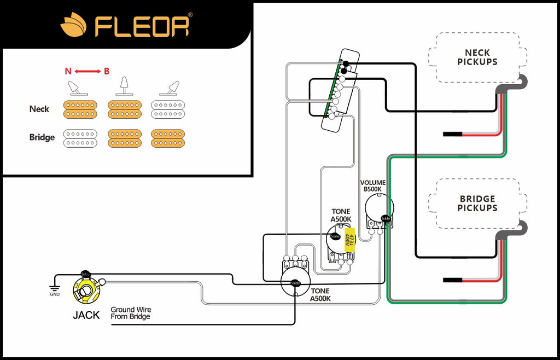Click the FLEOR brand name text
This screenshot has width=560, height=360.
(142, 25)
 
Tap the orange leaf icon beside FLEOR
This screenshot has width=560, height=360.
(74, 25)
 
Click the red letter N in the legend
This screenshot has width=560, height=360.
(68, 71)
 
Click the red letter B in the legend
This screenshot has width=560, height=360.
(107, 71)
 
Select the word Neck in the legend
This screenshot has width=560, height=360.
(39, 109)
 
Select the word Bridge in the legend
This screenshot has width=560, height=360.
(42, 137)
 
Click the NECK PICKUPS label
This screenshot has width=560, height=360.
(477, 57)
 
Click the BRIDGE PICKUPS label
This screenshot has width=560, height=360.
(477, 204)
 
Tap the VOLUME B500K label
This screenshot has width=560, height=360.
(373, 186)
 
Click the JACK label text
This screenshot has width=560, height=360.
(86, 315)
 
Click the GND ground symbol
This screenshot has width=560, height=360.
(55, 289)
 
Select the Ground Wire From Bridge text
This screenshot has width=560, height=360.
(131, 313)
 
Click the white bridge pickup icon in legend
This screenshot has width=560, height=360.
(80, 138)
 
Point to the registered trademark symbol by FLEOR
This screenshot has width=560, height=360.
(190, 15)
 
